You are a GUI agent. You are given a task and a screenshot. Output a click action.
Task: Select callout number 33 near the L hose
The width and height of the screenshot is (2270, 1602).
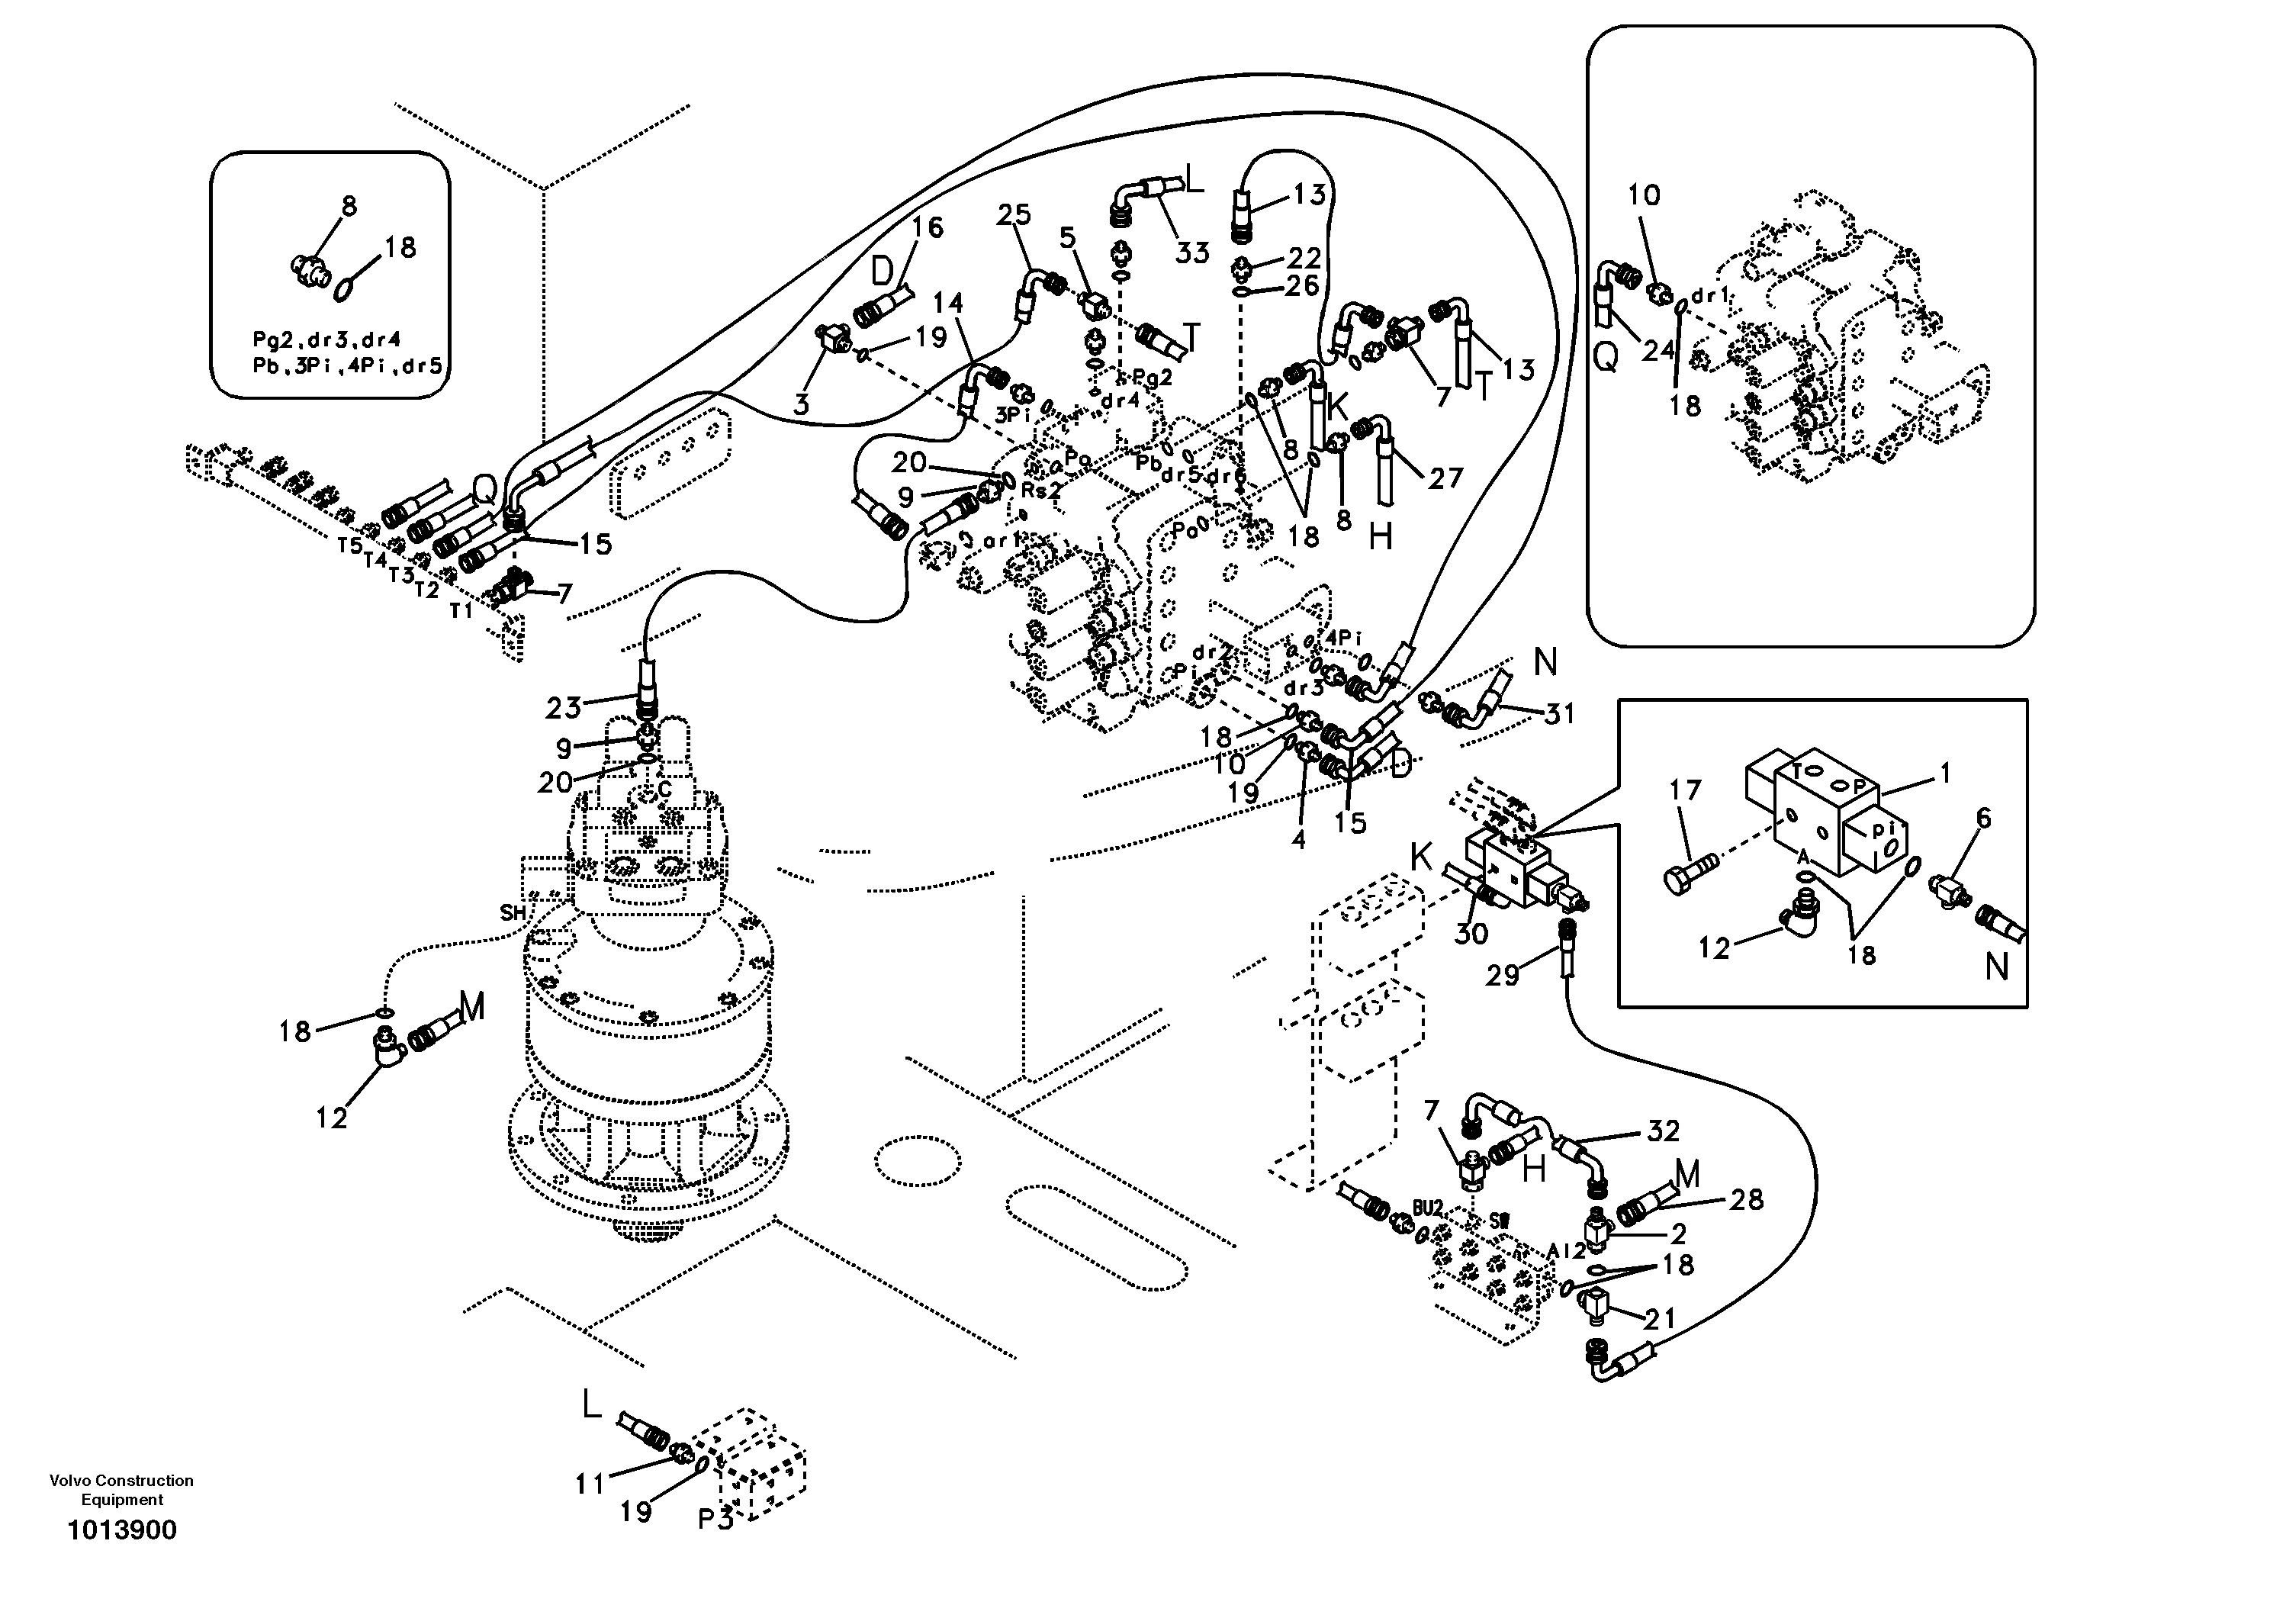(1192, 253)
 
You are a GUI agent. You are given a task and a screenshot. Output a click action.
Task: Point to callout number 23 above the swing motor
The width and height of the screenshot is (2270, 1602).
(564, 708)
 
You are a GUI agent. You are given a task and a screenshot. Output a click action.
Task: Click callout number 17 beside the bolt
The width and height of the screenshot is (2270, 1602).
(1685, 790)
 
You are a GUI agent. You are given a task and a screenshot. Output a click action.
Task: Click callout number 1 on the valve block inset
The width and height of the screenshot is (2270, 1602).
(1945, 774)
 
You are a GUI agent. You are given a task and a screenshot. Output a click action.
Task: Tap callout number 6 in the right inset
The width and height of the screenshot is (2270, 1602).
(1983, 818)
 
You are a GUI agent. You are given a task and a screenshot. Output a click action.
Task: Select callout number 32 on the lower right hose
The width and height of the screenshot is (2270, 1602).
(1663, 1131)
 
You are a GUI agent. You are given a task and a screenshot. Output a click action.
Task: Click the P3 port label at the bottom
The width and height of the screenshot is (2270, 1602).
(715, 1520)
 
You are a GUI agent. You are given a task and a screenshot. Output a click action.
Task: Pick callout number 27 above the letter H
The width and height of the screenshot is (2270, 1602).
(1445, 478)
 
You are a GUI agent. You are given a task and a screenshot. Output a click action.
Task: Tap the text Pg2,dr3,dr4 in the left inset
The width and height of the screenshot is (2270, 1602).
(326, 340)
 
